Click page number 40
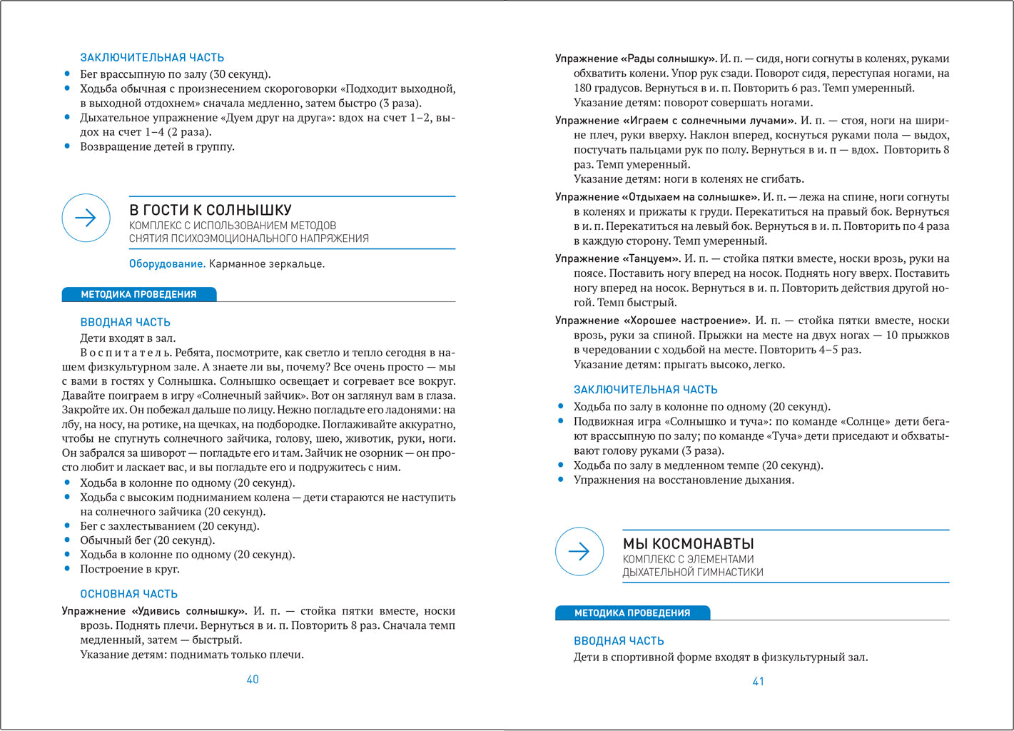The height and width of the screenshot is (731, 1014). tap(253, 680)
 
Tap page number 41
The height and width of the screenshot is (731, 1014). tap(759, 682)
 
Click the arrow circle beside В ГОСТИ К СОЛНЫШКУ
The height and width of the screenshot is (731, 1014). tap(86, 218)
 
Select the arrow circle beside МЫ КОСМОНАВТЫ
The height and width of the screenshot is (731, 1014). tap(579, 551)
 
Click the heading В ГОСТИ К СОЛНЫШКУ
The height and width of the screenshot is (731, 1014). tap(211, 210)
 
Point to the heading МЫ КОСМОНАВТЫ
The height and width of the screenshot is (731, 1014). tap(689, 543)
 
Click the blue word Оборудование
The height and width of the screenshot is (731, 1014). tap(167, 264)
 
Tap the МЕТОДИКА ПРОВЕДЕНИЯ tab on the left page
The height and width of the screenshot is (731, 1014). tap(138, 294)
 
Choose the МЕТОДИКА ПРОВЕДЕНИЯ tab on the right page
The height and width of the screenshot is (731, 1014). tap(632, 612)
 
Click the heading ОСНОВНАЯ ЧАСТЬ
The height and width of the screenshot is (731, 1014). tap(129, 594)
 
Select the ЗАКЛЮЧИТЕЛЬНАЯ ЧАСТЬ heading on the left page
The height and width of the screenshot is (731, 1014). tap(152, 58)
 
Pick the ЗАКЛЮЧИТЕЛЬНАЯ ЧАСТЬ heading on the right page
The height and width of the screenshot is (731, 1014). tap(646, 390)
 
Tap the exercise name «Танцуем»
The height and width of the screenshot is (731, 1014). tap(650, 259)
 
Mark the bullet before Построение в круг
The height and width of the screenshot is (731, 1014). tap(68, 569)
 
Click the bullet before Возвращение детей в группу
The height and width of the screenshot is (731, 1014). tap(68, 146)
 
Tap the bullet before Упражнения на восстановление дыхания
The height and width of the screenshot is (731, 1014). tap(561, 480)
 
